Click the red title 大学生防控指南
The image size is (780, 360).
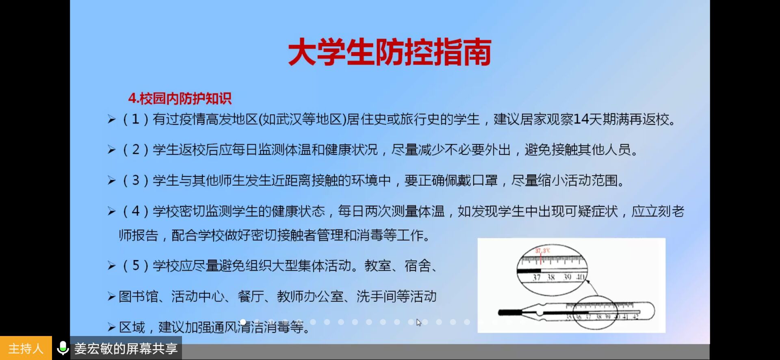(x=390, y=52)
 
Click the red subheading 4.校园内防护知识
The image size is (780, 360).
(x=180, y=98)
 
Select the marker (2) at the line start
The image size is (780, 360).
(x=135, y=150)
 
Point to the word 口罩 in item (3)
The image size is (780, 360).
(x=485, y=180)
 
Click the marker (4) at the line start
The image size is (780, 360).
(x=135, y=211)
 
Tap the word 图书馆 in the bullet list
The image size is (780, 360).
(x=138, y=297)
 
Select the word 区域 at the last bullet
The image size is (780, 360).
(x=132, y=327)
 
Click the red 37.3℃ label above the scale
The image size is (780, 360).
(x=542, y=251)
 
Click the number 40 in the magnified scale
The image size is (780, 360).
(x=580, y=277)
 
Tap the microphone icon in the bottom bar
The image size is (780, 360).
(x=63, y=348)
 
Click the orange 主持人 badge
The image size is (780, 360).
(x=26, y=348)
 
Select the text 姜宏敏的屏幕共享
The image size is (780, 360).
(x=126, y=349)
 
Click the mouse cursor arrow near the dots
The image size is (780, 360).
(x=419, y=323)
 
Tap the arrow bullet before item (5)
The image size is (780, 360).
(x=111, y=267)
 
